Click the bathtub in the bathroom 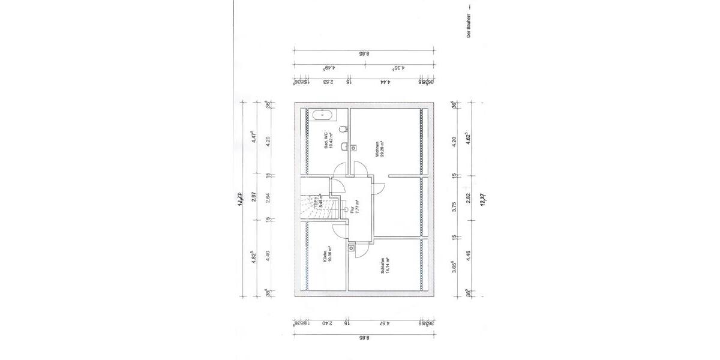tap(323, 114)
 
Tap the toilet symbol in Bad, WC tap(343, 128)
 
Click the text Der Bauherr tap(469, 28)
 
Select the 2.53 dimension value tap(328, 82)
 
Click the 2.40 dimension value tap(326, 323)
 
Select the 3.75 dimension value tap(454, 207)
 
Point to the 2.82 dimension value tap(469, 198)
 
